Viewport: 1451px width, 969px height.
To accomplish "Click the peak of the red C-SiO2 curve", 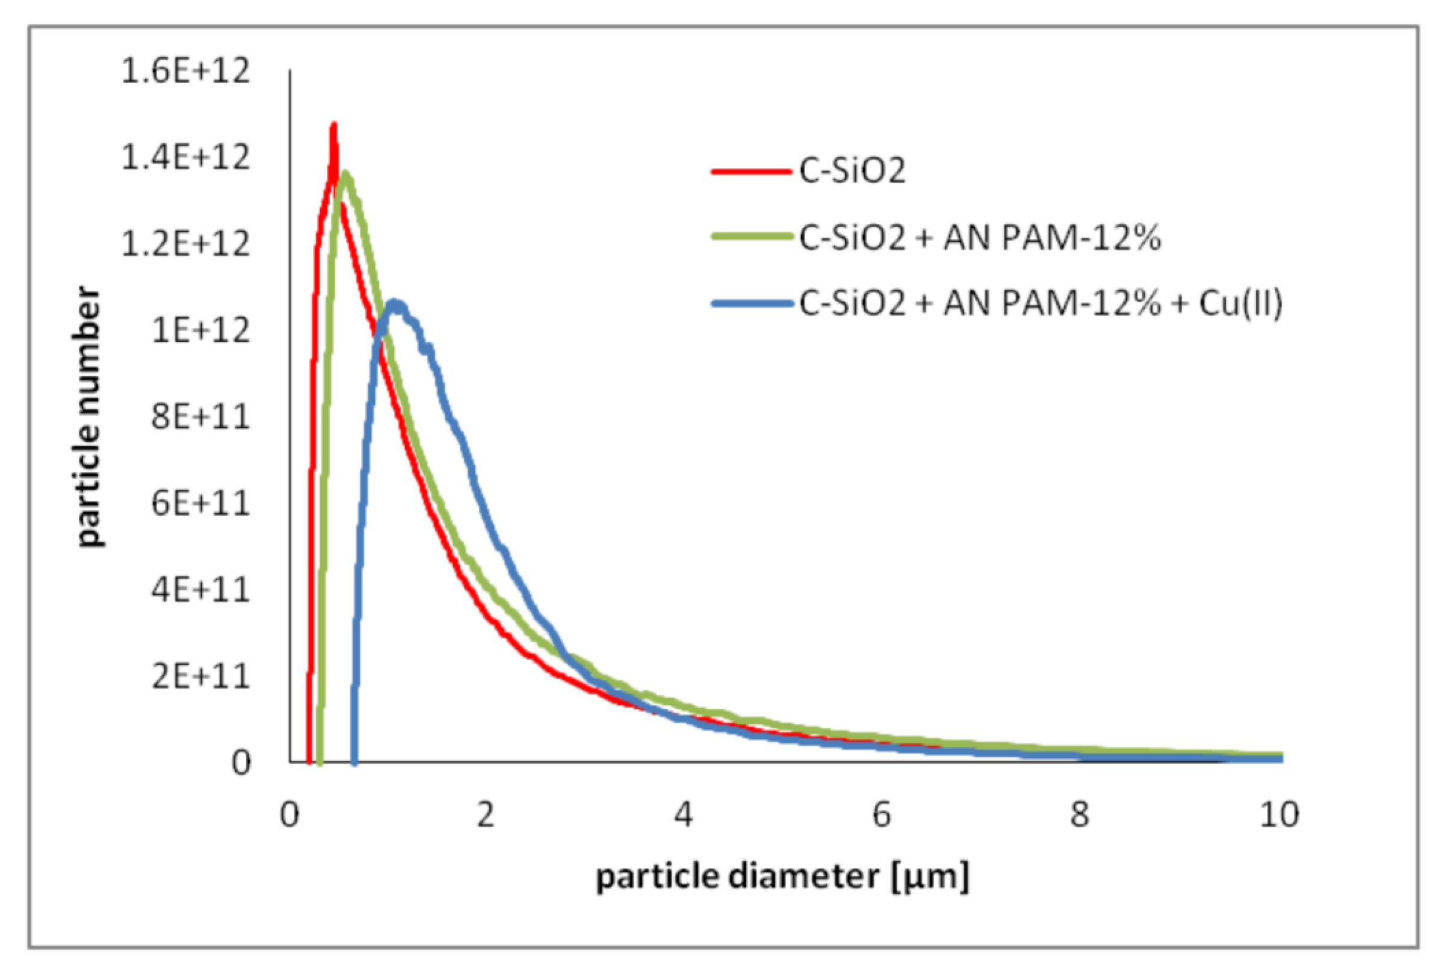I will pyautogui.click(x=333, y=125).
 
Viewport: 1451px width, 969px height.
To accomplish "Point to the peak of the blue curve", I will pyautogui.click(x=394, y=303).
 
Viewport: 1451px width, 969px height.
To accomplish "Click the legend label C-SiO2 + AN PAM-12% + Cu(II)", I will pyautogui.click(x=1041, y=303).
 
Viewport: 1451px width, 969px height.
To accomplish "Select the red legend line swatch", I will pyautogui.click(x=751, y=170).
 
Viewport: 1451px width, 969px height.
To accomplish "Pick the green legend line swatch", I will pyautogui.click(x=751, y=237).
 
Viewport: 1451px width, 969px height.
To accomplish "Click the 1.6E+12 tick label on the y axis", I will pyautogui.click(x=185, y=71).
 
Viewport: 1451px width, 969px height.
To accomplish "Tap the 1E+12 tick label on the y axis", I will pyautogui.click(x=200, y=330).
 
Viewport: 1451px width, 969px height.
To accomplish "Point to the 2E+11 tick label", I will pyautogui.click(x=200, y=676).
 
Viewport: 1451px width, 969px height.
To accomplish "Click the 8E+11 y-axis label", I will pyautogui.click(x=200, y=417).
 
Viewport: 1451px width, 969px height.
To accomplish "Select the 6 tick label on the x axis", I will pyautogui.click(x=881, y=815).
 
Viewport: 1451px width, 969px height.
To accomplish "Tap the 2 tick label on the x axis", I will pyautogui.click(x=486, y=815).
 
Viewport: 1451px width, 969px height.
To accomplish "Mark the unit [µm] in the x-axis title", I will pyautogui.click(x=930, y=877).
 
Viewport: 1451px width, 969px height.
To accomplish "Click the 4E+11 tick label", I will pyautogui.click(x=200, y=590).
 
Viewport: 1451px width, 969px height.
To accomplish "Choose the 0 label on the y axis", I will pyautogui.click(x=241, y=764).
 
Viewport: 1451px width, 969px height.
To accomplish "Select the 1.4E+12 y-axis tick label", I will pyautogui.click(x=185, y=158).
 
